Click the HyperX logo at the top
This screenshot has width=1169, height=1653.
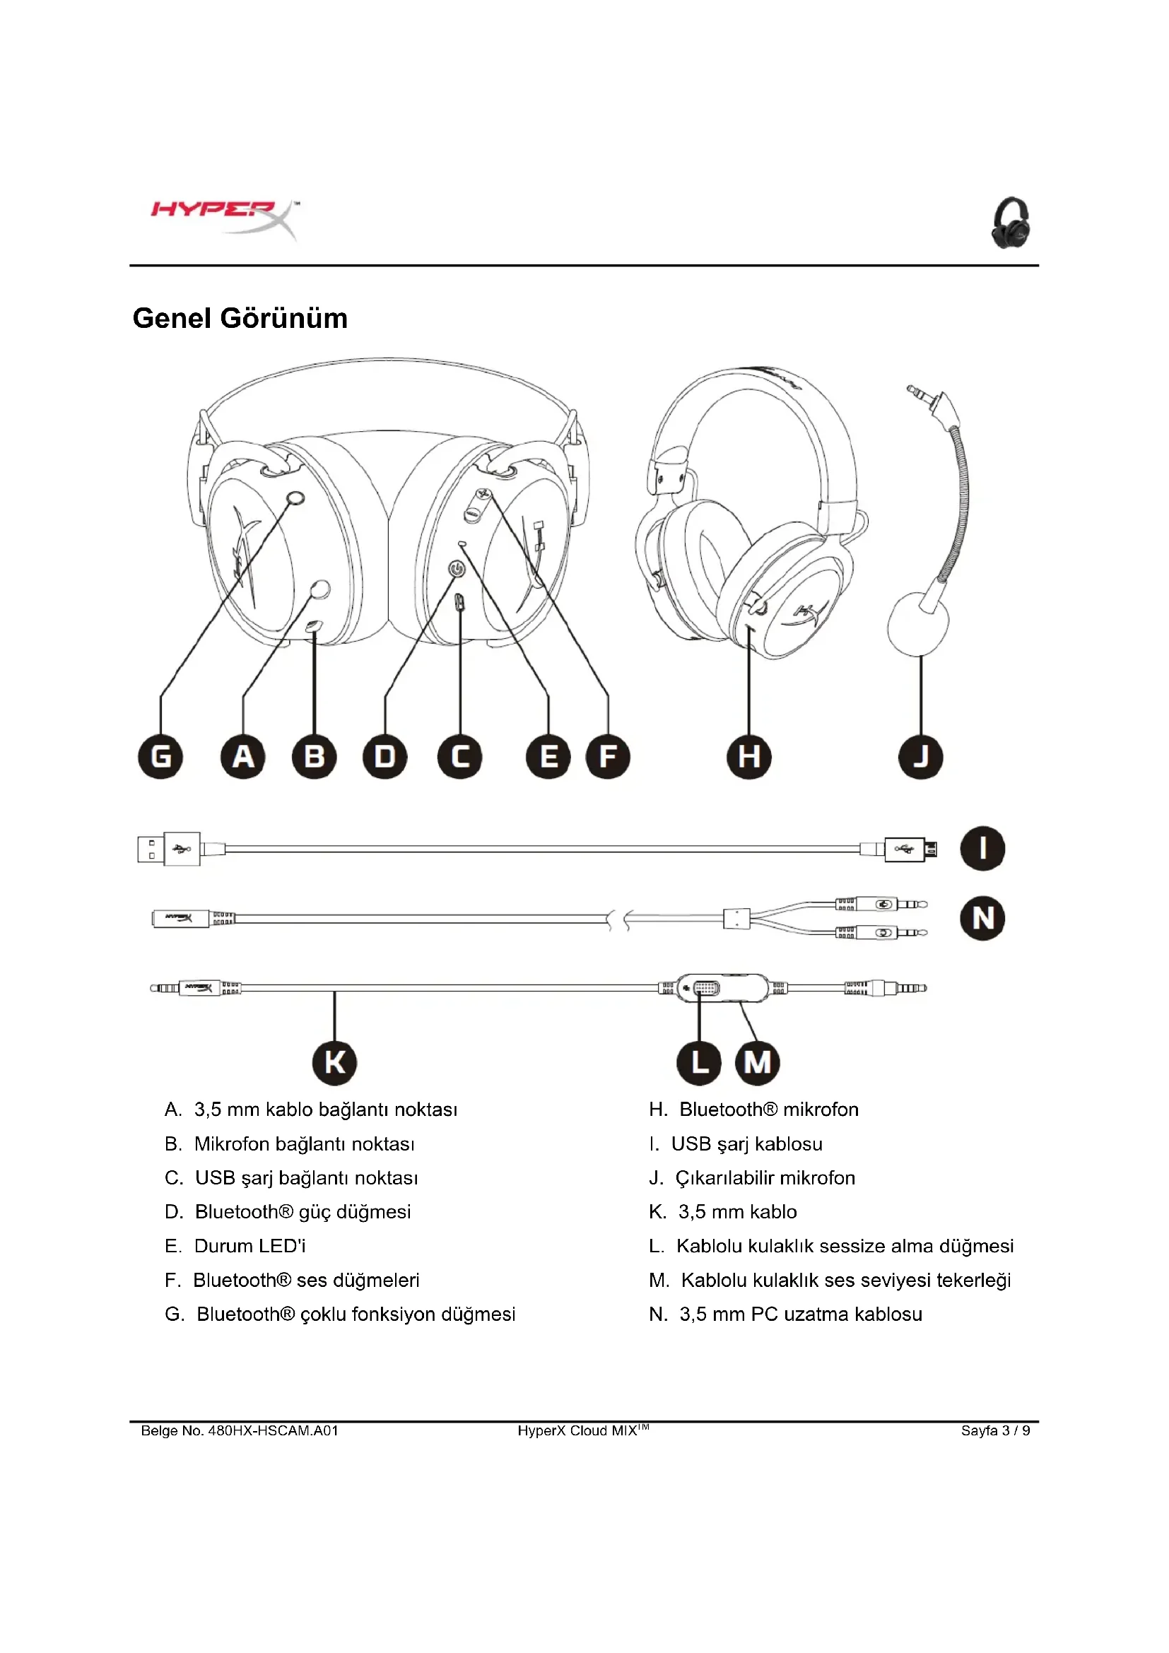[x=225, y=217]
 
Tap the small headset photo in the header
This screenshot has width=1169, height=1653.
[x=1011, y=223]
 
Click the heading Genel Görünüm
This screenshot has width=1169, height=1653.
[x=240, y=318]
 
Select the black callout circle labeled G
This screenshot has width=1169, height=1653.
[x=160, y=757]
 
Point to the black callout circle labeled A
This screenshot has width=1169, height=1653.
[x=242, y=757]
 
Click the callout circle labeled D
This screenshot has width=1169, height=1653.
[x=385, y=757]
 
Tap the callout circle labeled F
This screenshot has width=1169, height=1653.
[x=608, y=757]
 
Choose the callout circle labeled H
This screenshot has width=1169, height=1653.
[x=748, y=757]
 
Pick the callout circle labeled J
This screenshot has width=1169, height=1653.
[x=921, y=757]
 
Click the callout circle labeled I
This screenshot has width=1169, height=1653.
[x=982, y=848]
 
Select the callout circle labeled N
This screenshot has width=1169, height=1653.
[x=982, y=918]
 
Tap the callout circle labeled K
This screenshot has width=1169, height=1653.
[x=335, y=1062]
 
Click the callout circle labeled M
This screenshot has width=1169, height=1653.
[x=757, y=1062]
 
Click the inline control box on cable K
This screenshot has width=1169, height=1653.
[x=723, y=988]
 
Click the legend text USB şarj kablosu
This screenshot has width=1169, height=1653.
[x=746, y=1144]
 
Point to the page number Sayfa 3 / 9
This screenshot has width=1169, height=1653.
[x=995, y=1430]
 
